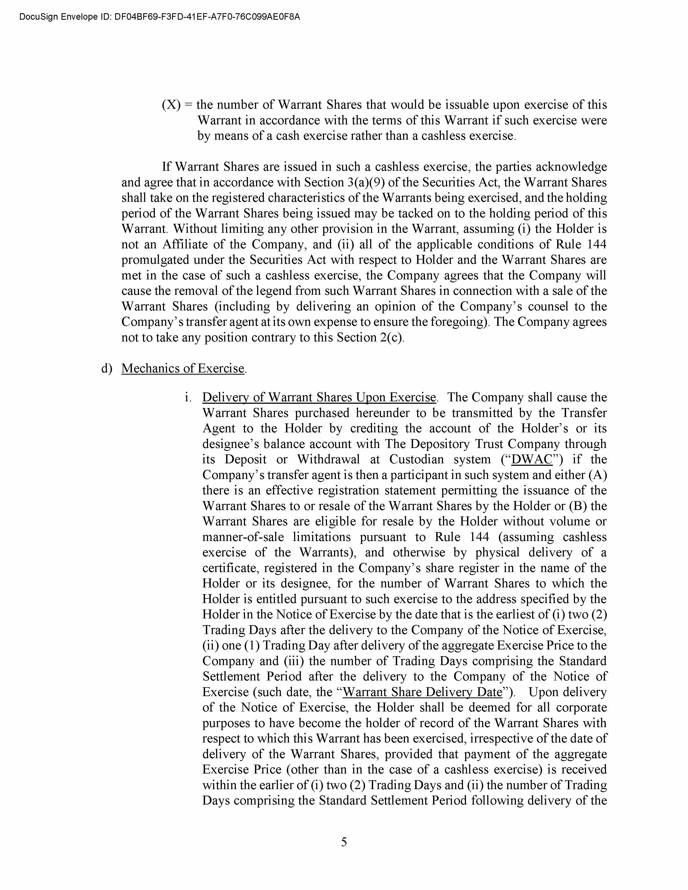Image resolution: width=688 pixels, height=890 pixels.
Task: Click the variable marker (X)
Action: click(171, 105)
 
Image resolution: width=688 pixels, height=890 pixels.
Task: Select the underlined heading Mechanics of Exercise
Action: click(183, 368)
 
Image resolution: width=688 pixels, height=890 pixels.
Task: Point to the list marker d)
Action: click(106, 368)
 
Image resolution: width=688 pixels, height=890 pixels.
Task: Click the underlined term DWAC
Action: click(532, 459)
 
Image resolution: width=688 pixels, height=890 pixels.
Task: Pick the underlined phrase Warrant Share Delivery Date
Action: click(422, 692)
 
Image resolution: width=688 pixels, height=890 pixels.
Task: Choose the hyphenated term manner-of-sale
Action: click(243, 537)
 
